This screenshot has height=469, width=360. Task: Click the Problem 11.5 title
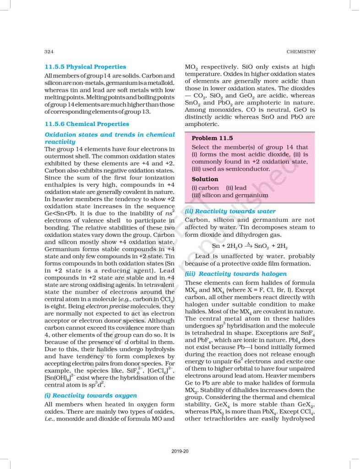[x=212, y=138]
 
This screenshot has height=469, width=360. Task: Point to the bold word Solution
[x=205, y=179]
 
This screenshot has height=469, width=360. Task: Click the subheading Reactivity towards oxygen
[x=90, y=395]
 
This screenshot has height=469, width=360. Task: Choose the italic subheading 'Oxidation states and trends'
[x=109, y=135]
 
